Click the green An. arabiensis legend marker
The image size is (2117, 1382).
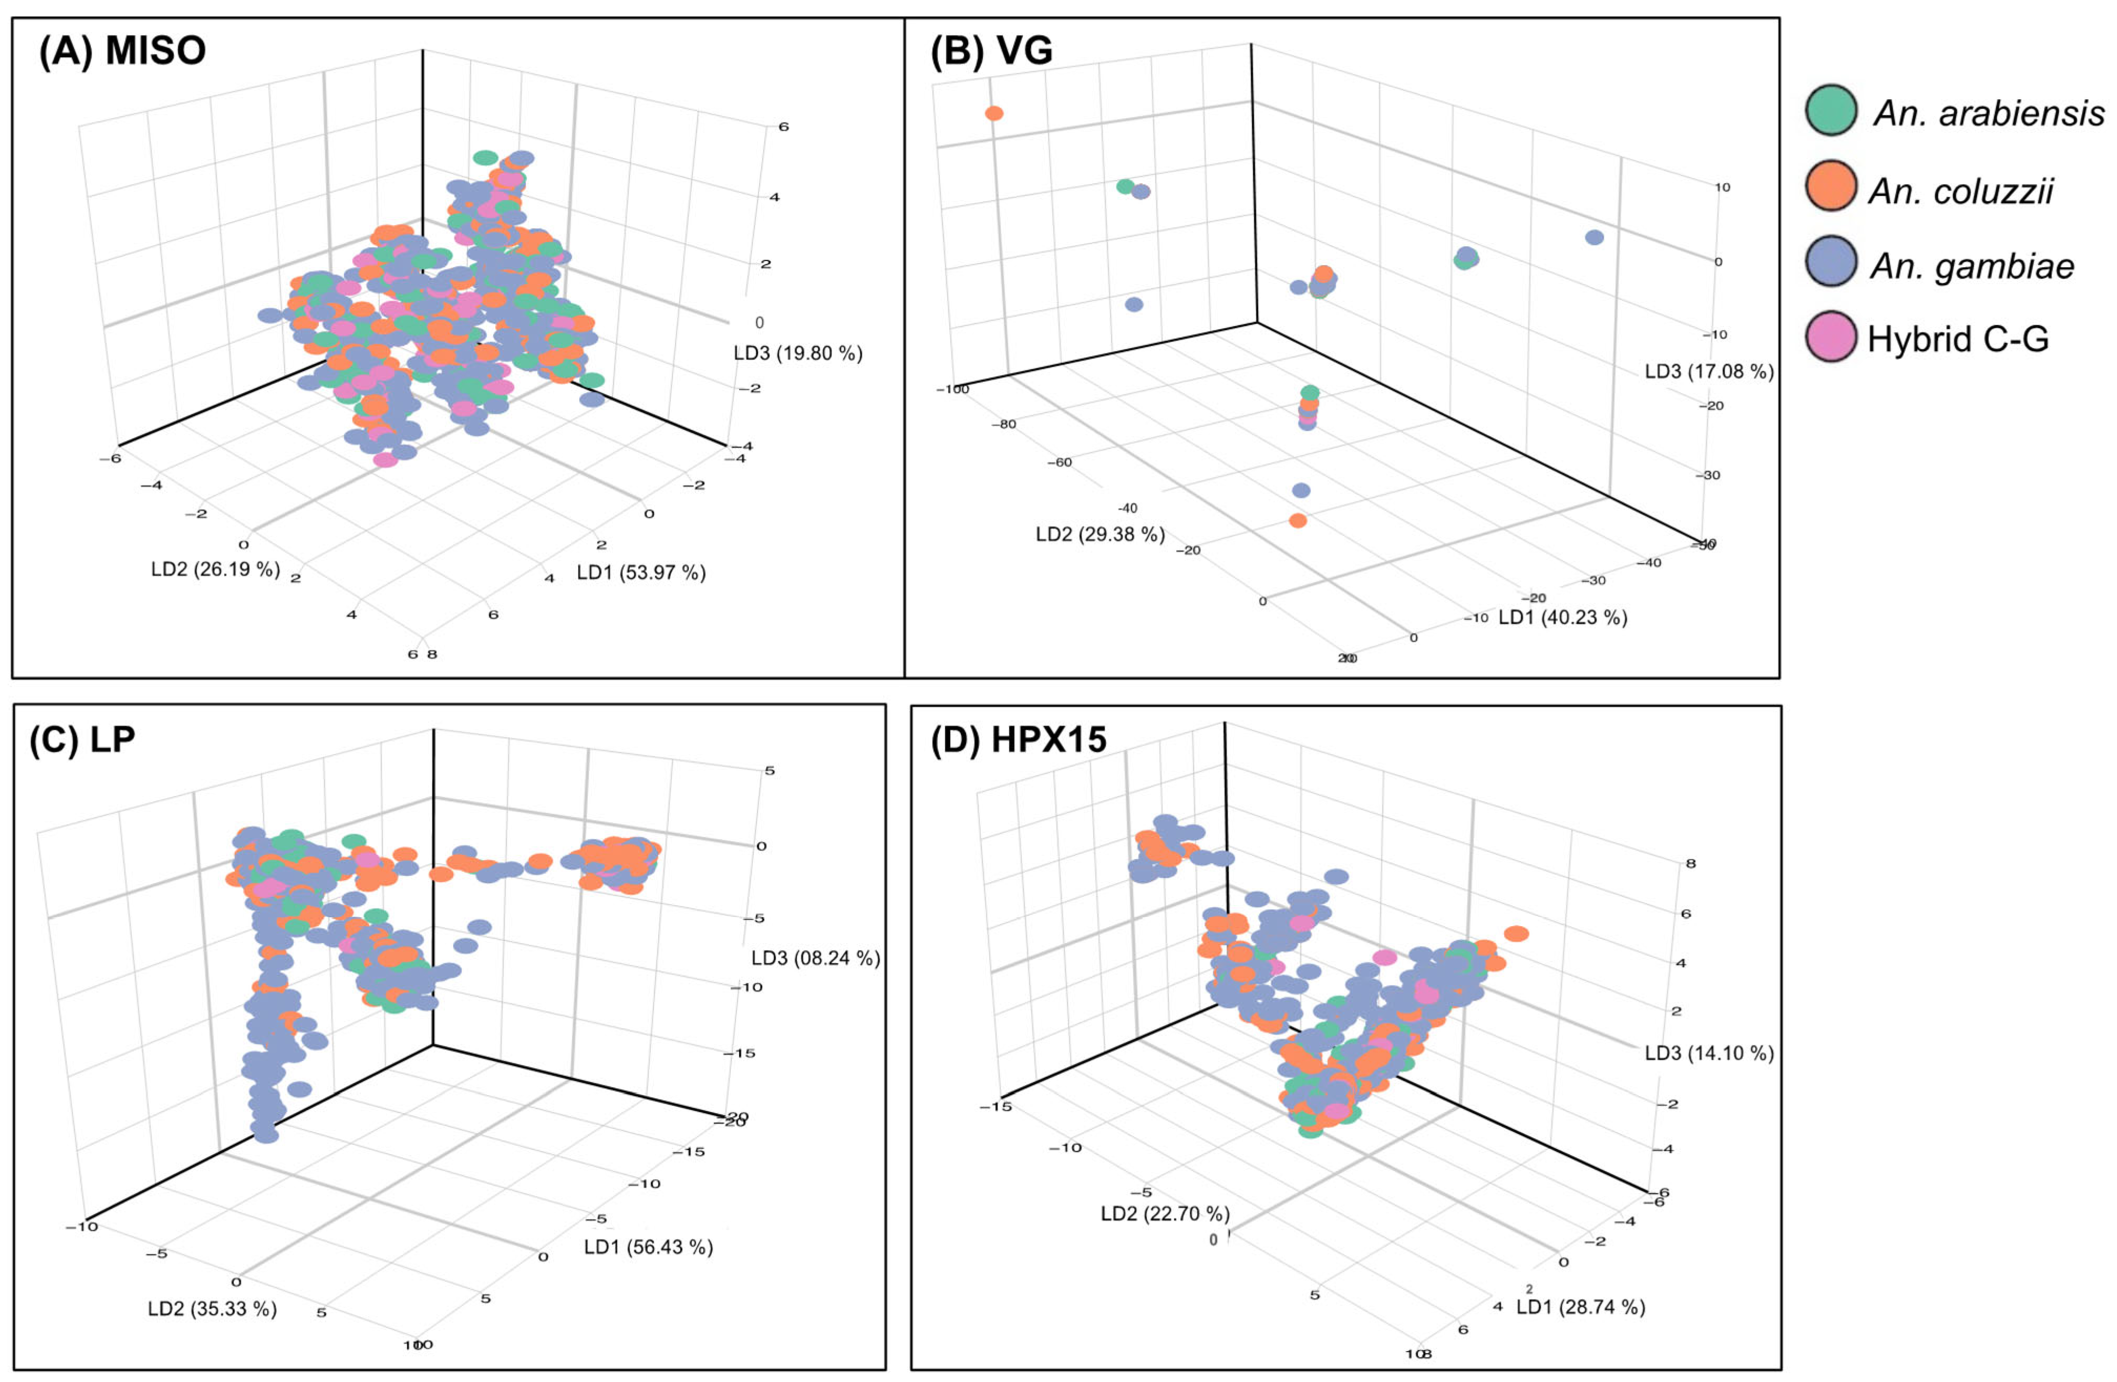click(x=1831, y=110)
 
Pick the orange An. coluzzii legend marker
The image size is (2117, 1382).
click(x=1831, y=187)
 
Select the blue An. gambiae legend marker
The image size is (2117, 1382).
click(x=1831, y=263)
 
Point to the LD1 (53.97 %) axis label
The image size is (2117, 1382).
click(x=640, y=573)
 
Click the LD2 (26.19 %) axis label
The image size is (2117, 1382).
click(x=215, y=569)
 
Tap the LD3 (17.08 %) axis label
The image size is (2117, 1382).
click(x=1708, y=372)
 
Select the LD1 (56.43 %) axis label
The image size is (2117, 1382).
click(x=648, y=1247)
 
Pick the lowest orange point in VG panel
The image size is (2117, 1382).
click(x=1298, y=520)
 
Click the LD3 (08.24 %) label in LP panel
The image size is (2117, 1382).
click(x=815, y=958)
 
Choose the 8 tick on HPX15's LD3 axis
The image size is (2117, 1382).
click(x=1690, y=864)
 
